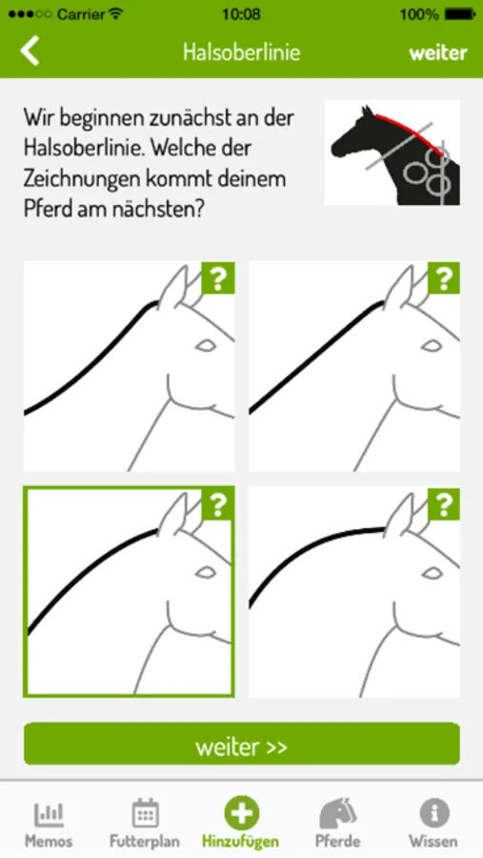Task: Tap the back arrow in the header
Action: [x=30, y=51]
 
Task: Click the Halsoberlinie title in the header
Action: [x=241, y=52]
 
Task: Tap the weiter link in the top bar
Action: [x=438, y=53]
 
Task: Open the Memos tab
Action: [x=49, y=823]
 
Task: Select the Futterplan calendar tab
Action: [x=145, y=823]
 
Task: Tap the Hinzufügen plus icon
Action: [x=241, y=812]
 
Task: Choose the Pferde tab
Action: [x=337, y=823]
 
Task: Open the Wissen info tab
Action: [x=433, y=823]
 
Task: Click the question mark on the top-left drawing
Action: [x=218, y=278]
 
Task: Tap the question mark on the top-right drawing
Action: [x=444, y=278]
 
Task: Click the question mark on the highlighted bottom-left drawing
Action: [x=218, y=504]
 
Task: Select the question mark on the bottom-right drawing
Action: [x=444, y=504]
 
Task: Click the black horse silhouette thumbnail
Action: [x=392, y=153]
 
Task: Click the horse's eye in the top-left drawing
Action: [x=206, y=345]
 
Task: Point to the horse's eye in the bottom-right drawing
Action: [x=432, y=572]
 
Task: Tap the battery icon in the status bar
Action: [x=460, y=14]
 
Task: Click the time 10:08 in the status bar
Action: [x=241, y=14]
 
